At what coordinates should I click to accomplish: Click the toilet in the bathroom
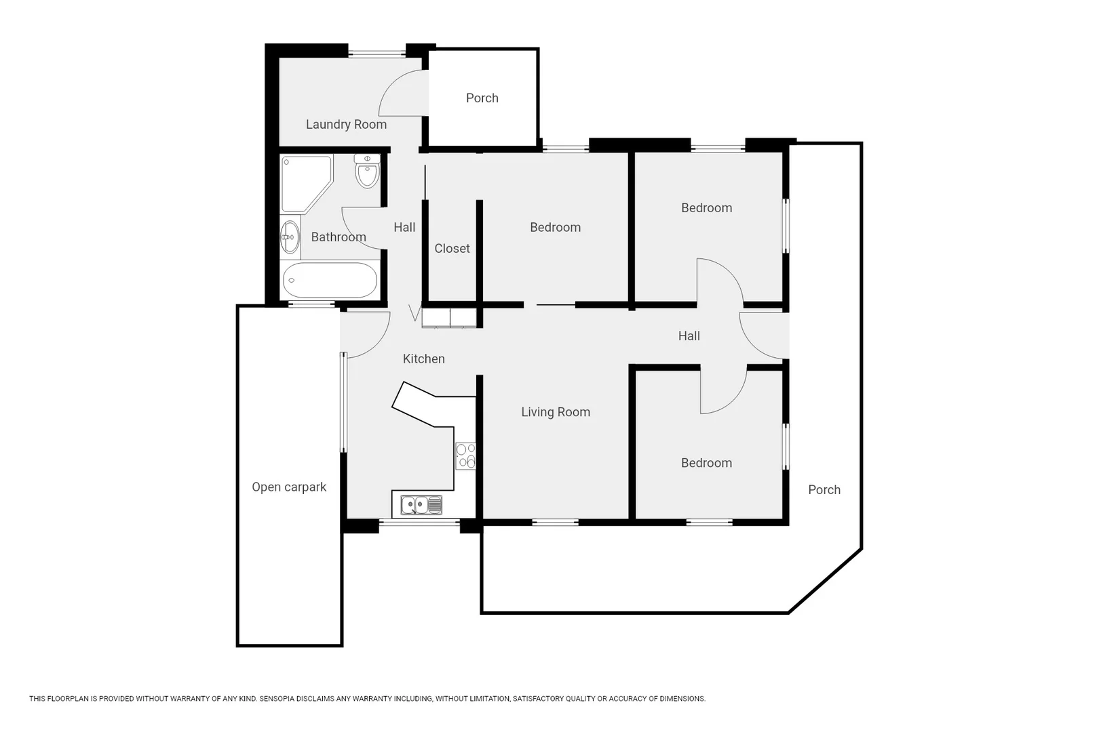tap(367, 171)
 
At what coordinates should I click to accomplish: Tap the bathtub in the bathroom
tap(330, 280)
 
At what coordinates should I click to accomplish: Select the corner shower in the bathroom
tap(307, 184)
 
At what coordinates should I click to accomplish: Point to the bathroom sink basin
tap(290, 237)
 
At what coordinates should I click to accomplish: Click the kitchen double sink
tap(421, 505)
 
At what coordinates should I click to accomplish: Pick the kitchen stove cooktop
tap(465, 456)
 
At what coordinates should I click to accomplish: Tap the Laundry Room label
tap(347, 125)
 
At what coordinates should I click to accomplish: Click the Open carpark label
tap(289, 487)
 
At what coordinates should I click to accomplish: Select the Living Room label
tap(556, 412)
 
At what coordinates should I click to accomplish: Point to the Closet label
tap(452, 249)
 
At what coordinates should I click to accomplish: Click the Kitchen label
tap(424, 359)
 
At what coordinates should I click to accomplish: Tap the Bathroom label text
tap(339, 237)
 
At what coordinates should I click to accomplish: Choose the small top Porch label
tap(482, 98)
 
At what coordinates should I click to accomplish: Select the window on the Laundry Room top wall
tap(377, 54)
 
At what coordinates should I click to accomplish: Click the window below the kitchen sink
tap(419, 523)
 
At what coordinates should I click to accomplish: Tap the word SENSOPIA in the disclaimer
tap(277, 699)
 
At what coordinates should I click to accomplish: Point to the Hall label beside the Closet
tap(404, 228)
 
